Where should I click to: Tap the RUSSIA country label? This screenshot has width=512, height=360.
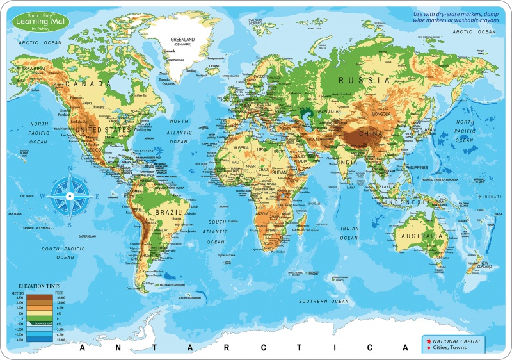point(364,81)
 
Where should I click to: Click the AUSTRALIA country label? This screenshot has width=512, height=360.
point(419,236)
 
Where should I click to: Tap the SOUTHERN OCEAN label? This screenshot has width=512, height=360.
point(325,301)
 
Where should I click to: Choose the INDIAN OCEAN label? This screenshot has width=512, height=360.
point(349,233)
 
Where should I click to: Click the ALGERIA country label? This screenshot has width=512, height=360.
point(229,148)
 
